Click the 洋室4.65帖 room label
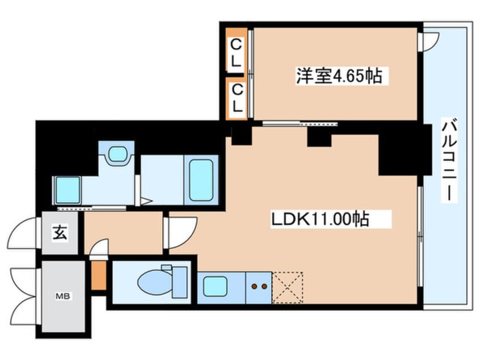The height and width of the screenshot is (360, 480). click(338, 76)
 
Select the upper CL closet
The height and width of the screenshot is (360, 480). click(236, 53)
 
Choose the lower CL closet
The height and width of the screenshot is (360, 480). click(236, 98)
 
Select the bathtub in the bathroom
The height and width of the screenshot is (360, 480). click(201, 179)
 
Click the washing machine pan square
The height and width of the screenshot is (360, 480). click(68, 190)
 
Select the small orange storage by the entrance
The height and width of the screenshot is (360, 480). click(99, 276)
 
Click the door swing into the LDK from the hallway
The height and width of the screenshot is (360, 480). click(179, 233)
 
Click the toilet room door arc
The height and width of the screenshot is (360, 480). click(99, 248)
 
